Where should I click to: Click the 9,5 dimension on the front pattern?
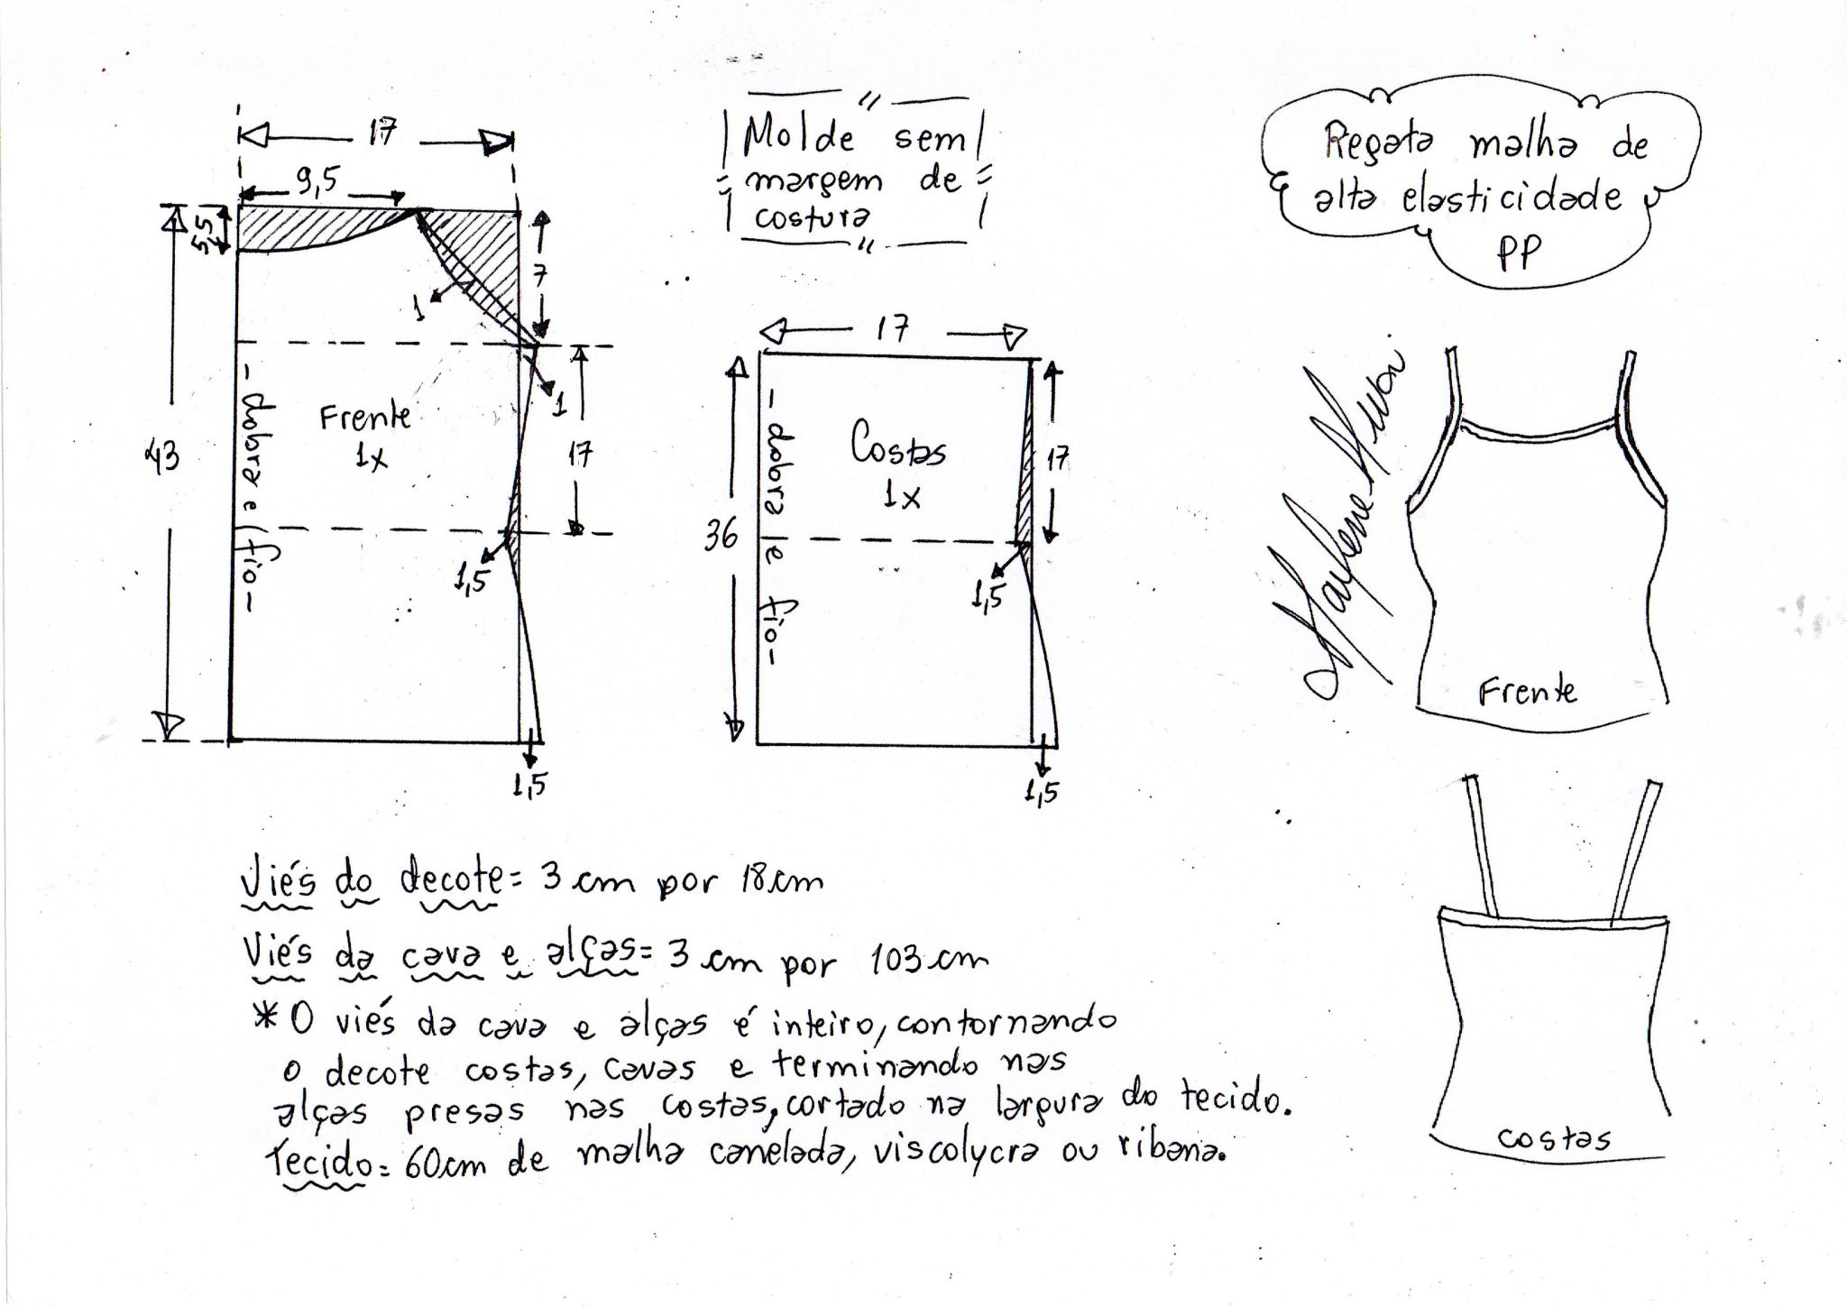[x=315, y=181]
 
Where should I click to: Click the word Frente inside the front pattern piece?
[x=365, y=416]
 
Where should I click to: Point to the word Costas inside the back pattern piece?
[x=898, y=444]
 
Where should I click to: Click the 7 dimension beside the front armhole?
[x=540, y=276]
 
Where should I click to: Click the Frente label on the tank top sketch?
[x=1527, y=691]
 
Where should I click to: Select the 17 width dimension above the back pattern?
[x=893, y=329]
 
